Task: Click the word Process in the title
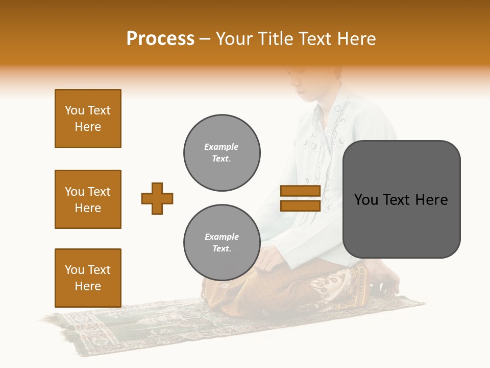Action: click(x=160, y=39)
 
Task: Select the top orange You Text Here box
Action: click(x=88, y=119)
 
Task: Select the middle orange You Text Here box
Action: click(x=88, y=199)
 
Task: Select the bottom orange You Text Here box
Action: click(x=88, y=278)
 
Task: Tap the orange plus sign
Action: click(x=157, y=198)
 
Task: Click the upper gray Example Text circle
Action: click(x=222, y=153)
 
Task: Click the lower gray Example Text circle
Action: click(x=222, y=242)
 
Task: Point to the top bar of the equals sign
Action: click(x=300, y=191)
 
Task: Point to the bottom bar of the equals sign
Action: click(x=300, y=205)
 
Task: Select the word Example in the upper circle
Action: click(x=221, y=147)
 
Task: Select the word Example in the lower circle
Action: click(x=222, y=237)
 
